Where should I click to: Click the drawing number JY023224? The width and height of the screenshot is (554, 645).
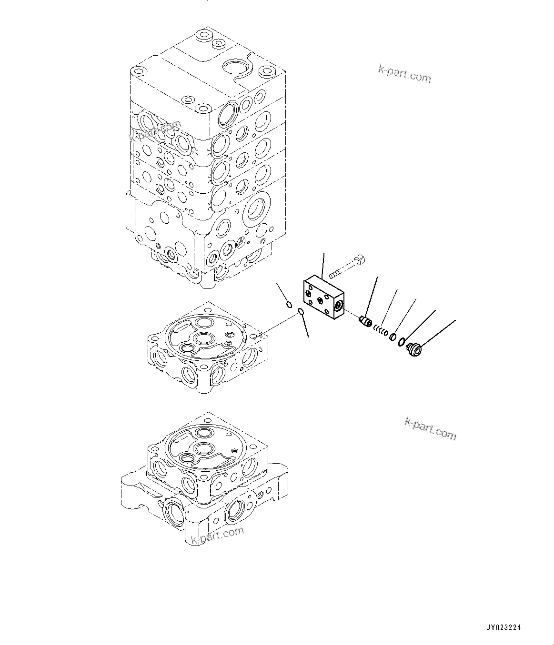pyautogui.click(x=504, y=627)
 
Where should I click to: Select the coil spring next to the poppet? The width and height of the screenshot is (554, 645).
pyautogui.click(x=380, y=329)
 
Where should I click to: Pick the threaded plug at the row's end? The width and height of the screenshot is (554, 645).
pyautogui.click(x=413, y=350)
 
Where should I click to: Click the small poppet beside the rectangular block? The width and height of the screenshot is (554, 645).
pyautogui.click(x=365, y=322)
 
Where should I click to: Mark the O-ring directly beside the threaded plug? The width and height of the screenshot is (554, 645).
pyautogui.click(x=402, y=342)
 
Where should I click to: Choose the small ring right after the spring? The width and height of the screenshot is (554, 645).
pyautogui.click(x=392, y=337)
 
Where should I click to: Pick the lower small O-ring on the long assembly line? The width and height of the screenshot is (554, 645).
pyautogui.click(x=301, y=312)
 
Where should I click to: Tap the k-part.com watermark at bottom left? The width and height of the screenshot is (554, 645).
pyautogui.click(x=217, y=535)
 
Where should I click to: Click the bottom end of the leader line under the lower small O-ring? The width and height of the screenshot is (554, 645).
pyautogui.click(x=308, y=337)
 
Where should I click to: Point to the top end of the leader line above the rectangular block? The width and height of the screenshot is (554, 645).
pyautogui.click(x=324, y=254)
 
